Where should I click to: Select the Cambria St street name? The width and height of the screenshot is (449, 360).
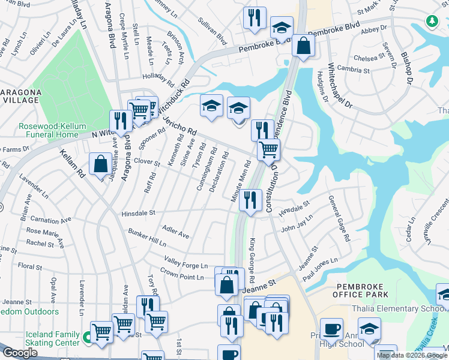tap(352, 70)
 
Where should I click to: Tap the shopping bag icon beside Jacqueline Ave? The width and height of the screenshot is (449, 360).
tap(100, 164)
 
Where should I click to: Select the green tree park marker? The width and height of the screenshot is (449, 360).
tap(431, 21)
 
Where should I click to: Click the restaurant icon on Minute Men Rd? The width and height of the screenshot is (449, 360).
tap(250, 199)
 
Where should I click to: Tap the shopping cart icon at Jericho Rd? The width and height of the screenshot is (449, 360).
tap(268, 149)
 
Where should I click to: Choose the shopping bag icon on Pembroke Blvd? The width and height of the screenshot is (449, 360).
tap(304, 46)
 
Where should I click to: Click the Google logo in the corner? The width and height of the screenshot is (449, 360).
tap(20, 353)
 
